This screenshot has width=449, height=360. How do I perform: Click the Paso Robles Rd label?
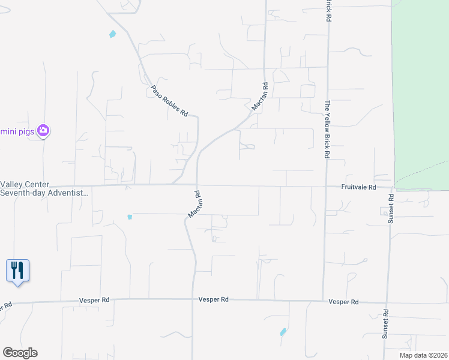click(x=169, y=100)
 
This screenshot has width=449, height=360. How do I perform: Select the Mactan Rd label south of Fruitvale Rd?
click(x=194, y=205)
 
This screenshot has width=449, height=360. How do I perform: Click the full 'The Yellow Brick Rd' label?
click(x=328, y=129)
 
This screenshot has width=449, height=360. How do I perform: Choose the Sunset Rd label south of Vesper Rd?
click(x=385, y=325)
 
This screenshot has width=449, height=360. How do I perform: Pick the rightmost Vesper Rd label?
click(x=344, y=302)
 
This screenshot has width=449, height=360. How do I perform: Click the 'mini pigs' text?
click(x=17, y=130)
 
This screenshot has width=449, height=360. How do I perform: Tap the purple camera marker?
click(x=43, y=130)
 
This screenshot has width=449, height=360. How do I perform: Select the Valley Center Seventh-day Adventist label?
click(x=44, y=189)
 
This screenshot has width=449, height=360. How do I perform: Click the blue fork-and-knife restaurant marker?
click(x=17, y=270)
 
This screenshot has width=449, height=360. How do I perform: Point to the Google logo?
click(x=20, y=353)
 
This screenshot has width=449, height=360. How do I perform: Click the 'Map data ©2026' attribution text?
click(x=423, y=355)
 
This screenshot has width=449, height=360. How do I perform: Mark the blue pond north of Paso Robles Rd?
click(x=112, y=34)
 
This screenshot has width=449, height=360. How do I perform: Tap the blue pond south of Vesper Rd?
click(x=283, y=332)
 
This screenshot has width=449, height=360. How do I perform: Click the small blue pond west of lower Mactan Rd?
click(x=130, y=217)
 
